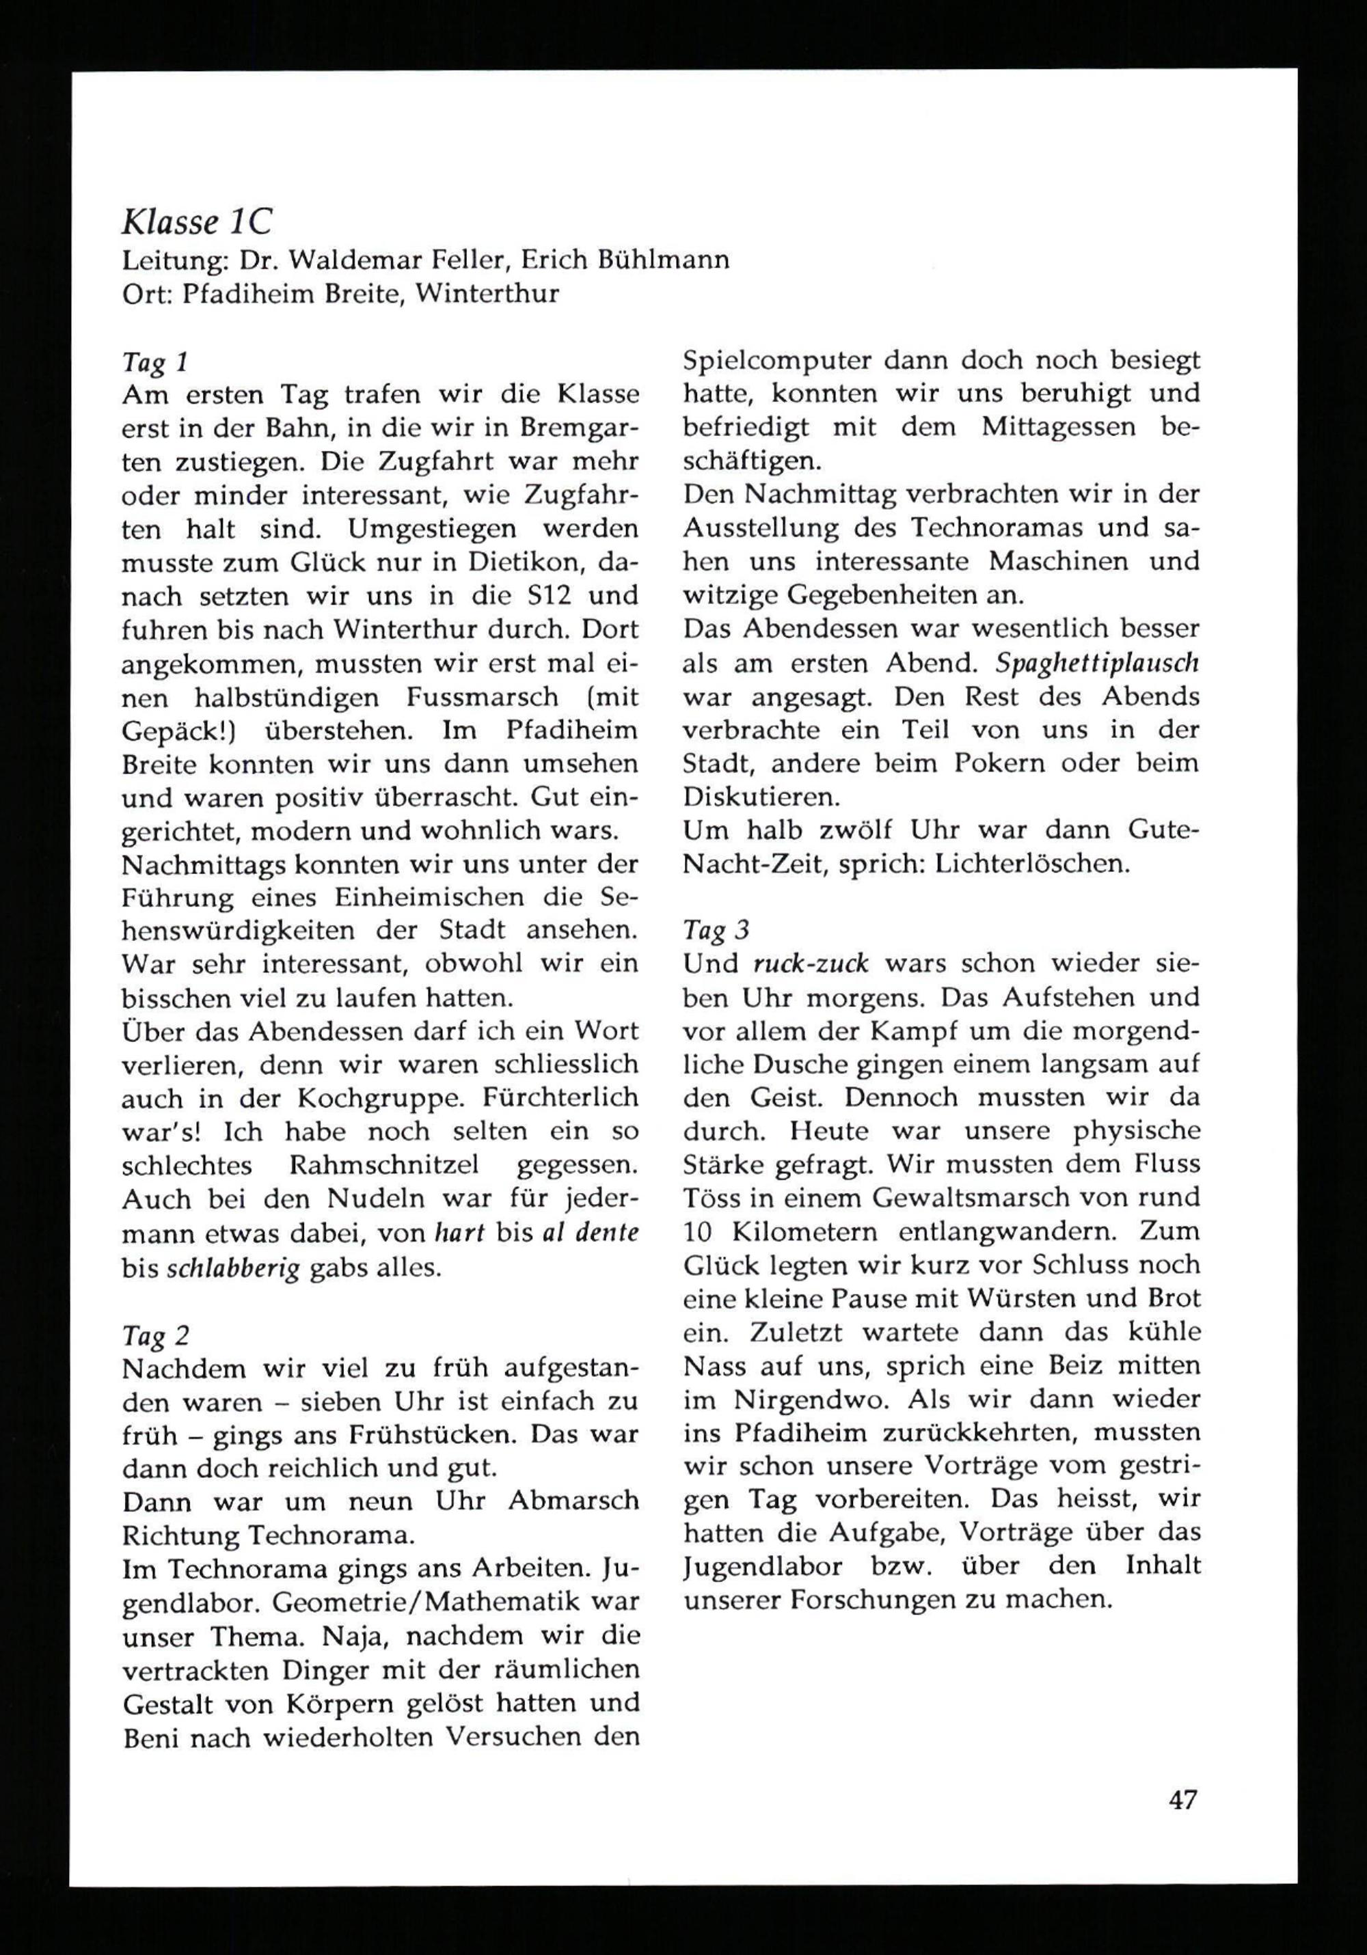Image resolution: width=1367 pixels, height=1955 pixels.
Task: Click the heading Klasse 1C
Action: tap(197, 222)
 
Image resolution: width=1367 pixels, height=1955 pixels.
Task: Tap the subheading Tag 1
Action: tap(154, 363)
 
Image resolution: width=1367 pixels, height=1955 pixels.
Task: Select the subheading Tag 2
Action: tap(156, 1335)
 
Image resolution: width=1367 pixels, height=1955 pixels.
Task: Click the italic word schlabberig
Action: tap(232, 1268)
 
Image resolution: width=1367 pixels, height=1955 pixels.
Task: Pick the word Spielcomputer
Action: tap(779, 361)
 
